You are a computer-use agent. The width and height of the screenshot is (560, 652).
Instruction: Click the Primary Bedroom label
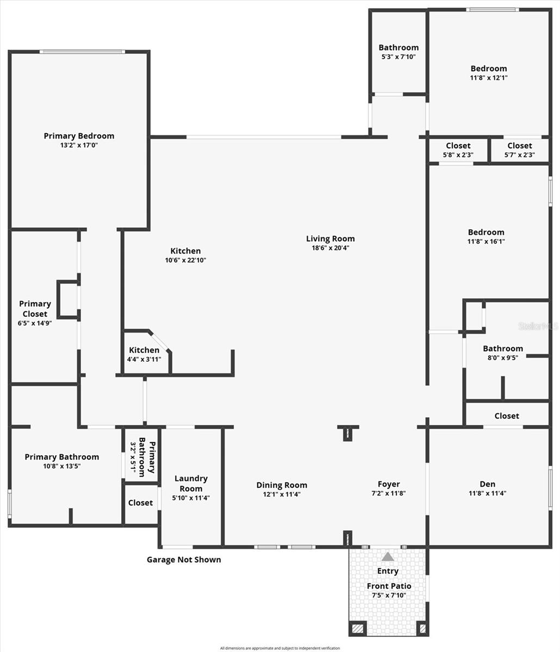coord(79,136)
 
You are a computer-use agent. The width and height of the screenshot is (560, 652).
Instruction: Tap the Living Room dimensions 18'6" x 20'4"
coord(330,248)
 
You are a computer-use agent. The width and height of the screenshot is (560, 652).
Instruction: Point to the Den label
coord(487,484)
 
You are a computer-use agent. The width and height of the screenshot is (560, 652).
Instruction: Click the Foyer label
coord(389,484)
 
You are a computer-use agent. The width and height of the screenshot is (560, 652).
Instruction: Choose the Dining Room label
coord(282,485)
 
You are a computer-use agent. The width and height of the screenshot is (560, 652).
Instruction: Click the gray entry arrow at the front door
coord(388,556)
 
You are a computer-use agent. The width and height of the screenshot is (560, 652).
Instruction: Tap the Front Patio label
coord(389,586)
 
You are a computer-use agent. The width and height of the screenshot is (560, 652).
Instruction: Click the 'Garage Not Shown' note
coord(184,560)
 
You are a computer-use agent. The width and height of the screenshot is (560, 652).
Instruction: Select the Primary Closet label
coord(35,309)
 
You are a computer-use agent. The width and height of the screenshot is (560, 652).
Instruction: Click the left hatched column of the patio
coord(357,629)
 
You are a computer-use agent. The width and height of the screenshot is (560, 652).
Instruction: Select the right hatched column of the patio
coord(422,629)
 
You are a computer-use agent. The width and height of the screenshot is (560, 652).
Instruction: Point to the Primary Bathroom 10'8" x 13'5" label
coord(61,457)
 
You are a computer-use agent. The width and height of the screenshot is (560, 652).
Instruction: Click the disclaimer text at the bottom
coord(279,648)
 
